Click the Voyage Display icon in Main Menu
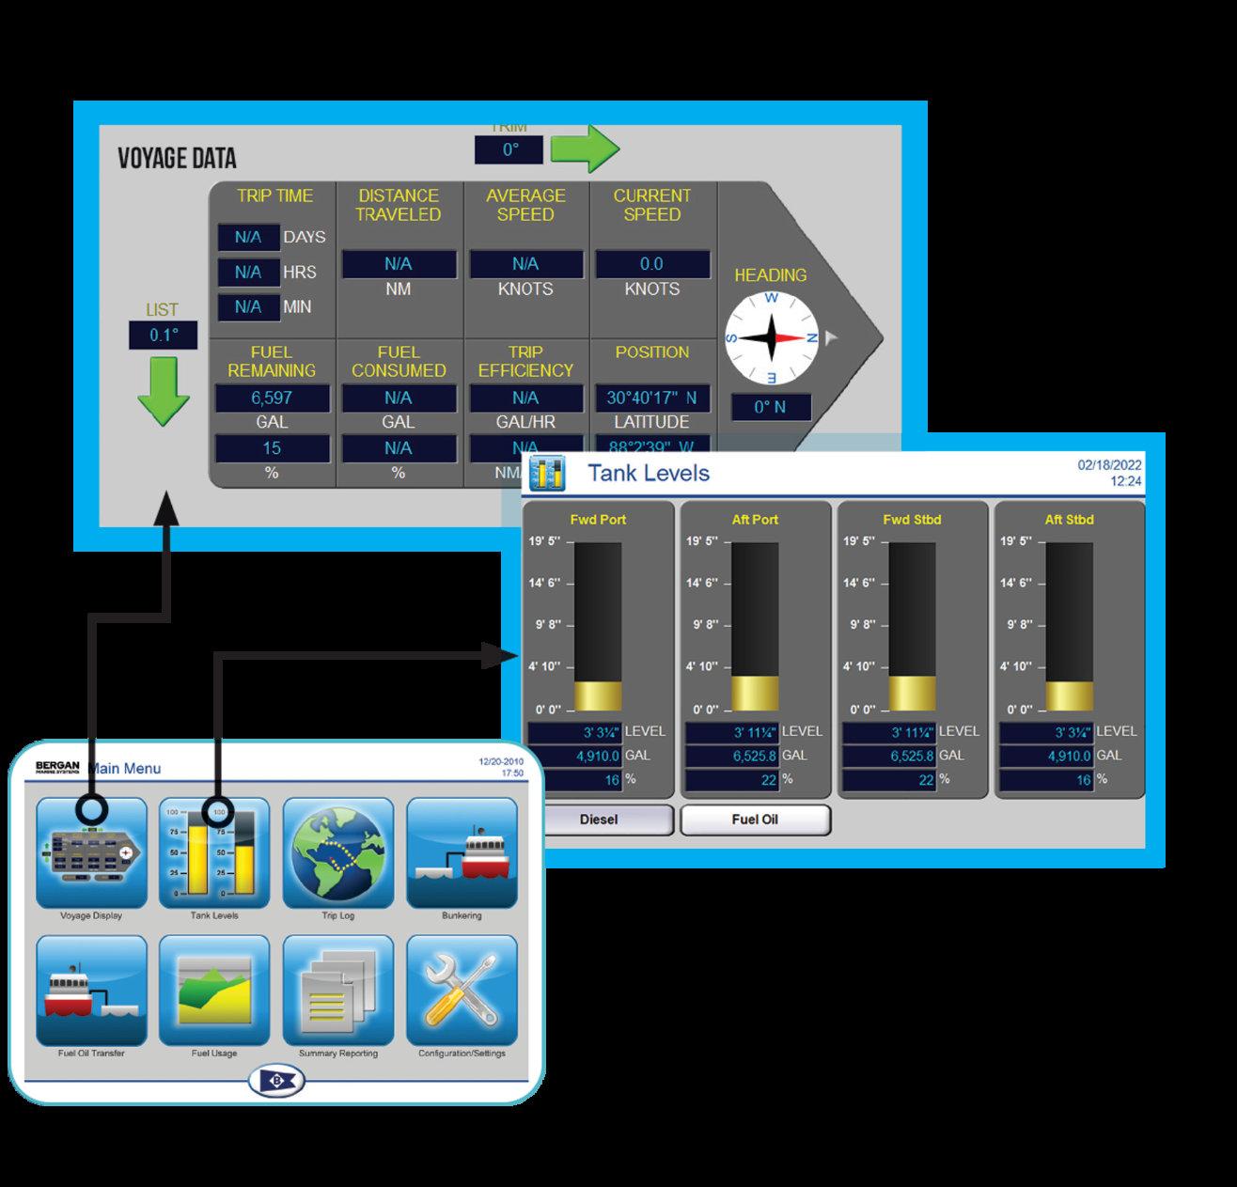click(x=91, y=852)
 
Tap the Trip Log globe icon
click(x=337, y=852)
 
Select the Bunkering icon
click(x=462, y=852)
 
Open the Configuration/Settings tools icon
click(x=462, y=991)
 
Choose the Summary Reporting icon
click(x=337, y=991)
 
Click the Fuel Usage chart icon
click(x=214, y=991)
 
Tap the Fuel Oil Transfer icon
click(x=91, y=991)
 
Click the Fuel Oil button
click(x=755, y=820)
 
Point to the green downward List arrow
click(x=164, y=389)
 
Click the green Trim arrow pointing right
click(x=584, y=148)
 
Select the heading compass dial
click(x=771, y=338)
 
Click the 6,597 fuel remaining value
click(x=272, y=398)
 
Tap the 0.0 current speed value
click(x=651, y=264)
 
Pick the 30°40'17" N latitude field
click(x=651, y=398)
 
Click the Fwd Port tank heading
click(x=598, y=520)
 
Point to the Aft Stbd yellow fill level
click(x=1069, y=695)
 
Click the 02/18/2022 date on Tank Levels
click(x=1109, y=465)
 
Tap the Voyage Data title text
click(x=177, y=158)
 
